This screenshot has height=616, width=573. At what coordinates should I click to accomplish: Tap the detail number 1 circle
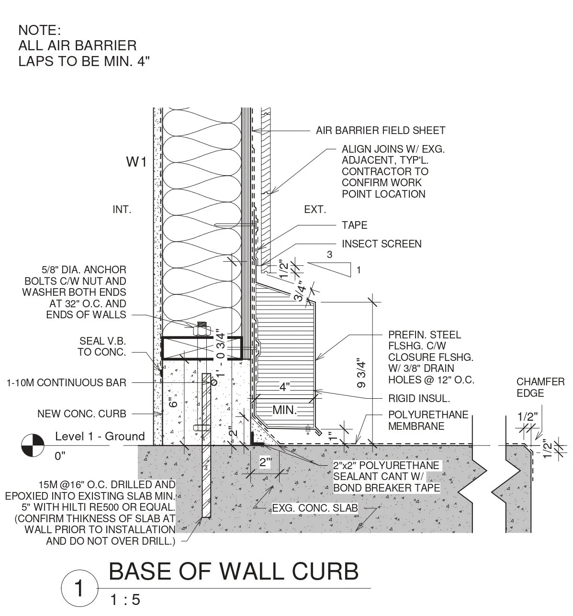tap(79, 588)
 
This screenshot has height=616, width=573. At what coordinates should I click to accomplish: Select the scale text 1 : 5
tap(125, 600)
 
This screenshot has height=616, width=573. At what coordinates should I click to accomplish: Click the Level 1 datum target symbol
tap(32, 445)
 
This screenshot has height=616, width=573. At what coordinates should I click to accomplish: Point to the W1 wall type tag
tap(136, 163)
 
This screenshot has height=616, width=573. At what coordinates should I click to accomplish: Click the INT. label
tap(122, 210)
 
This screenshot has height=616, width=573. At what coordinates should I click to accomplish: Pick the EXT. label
tap(315, 210)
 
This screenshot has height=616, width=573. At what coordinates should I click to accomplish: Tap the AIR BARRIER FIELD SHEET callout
tap(381, 130)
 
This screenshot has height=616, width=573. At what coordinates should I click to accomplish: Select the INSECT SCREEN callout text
tap(382, 244)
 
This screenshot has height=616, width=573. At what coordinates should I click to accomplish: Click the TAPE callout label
tap(354, 225)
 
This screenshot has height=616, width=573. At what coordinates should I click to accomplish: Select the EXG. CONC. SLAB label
tap(315, 508)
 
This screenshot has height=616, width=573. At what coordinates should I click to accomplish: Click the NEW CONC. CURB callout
tap(82, 414)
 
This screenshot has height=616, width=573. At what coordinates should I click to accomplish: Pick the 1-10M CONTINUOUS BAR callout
tap(67, 382)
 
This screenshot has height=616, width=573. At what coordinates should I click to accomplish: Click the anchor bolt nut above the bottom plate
tap(201, 330)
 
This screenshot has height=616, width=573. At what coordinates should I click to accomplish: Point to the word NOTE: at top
tap(40, 31)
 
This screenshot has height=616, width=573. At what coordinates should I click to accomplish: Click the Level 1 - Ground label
tap(100, 436)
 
